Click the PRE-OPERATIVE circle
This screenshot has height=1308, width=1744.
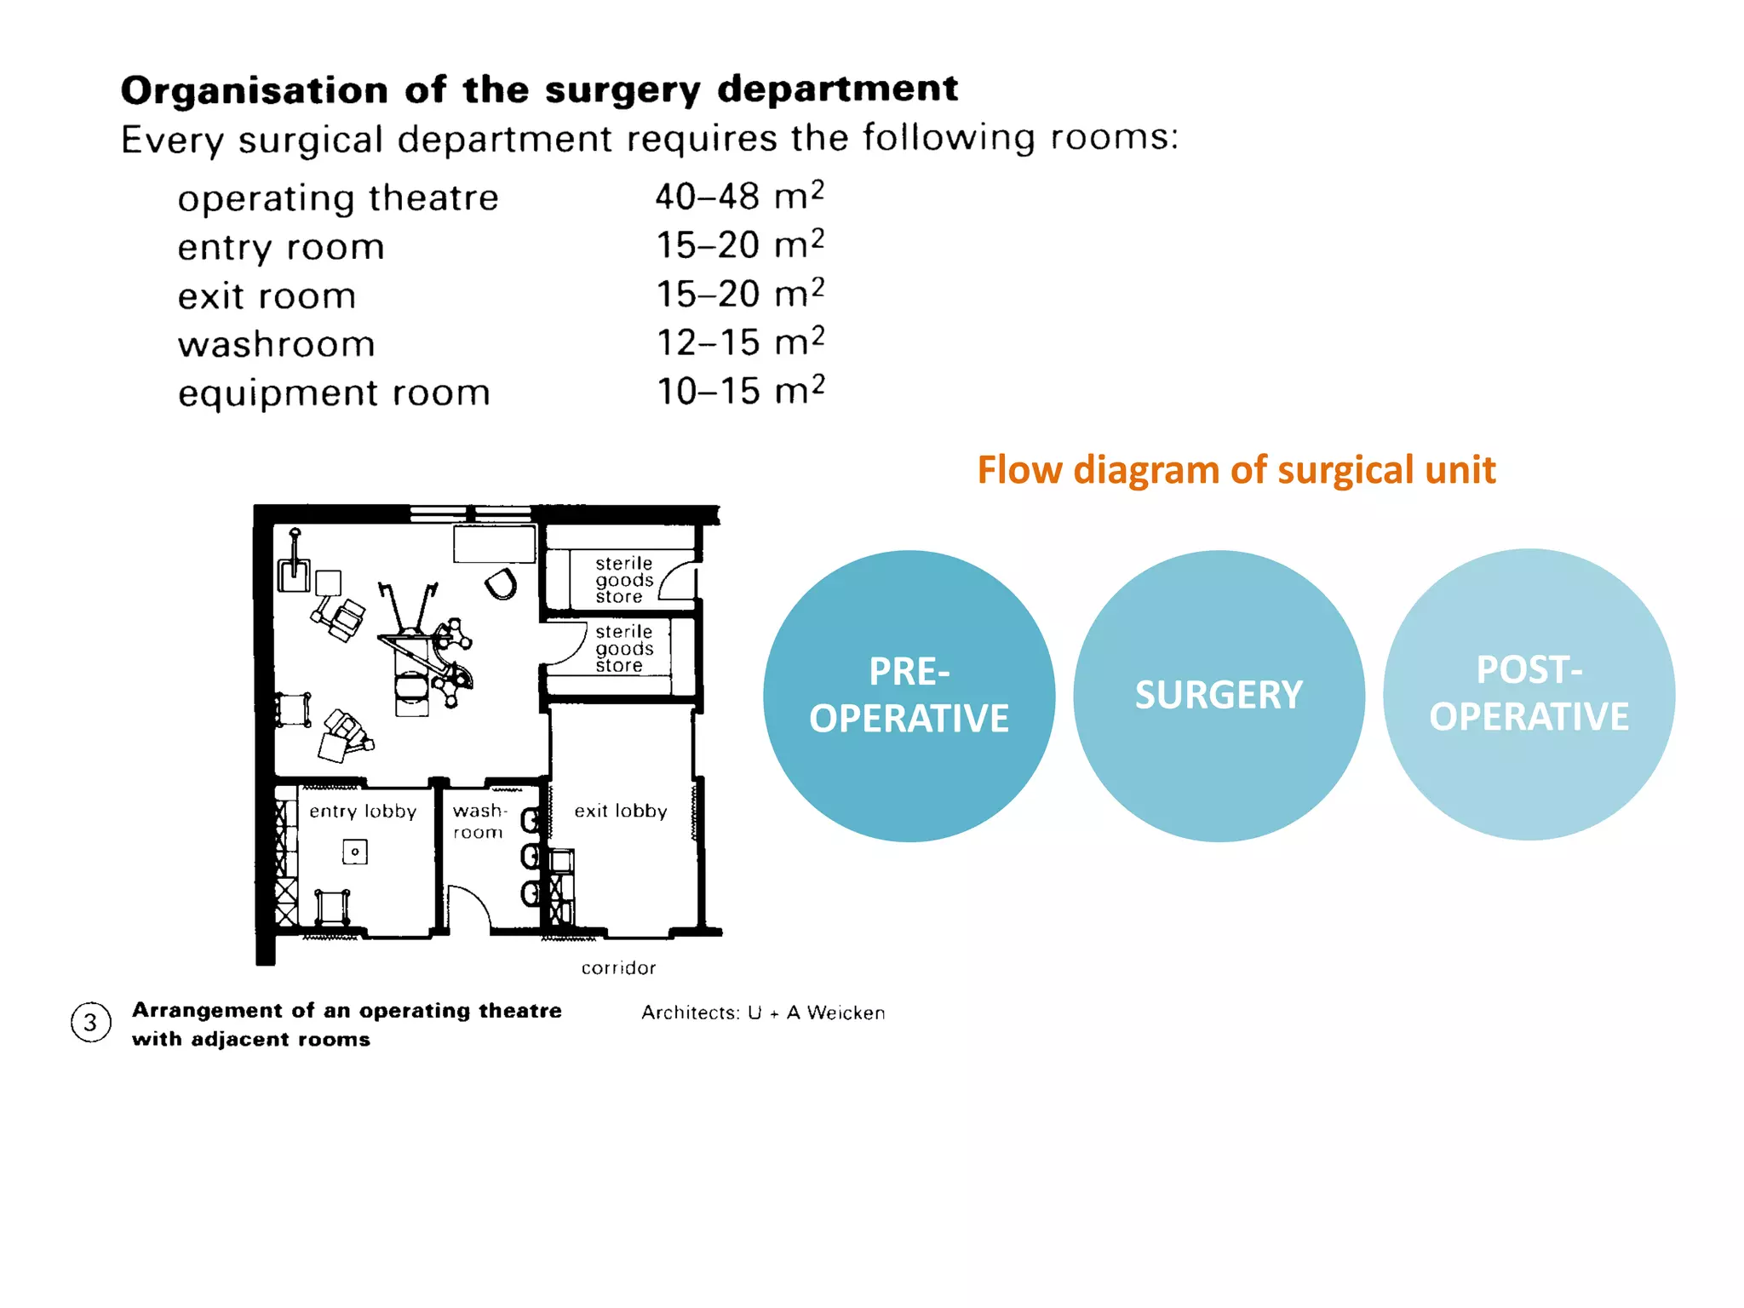click(909, 696)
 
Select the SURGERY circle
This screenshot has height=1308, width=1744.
click(1219, 696)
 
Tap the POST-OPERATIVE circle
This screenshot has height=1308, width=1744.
click(1529, 694)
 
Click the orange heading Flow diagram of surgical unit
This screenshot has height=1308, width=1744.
click(1236, 470)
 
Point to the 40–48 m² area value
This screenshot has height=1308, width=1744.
click(739, 197)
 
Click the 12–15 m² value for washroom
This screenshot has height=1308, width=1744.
click(739, 342)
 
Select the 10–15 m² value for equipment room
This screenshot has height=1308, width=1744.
click(739, 392)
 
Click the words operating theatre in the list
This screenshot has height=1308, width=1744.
click(338, 198)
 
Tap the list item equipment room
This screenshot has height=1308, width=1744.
click(334, 393)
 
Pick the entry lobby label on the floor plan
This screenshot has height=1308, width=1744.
click(363, 812)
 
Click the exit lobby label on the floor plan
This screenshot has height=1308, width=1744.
click(620, 812)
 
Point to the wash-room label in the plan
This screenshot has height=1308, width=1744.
click(479, 821)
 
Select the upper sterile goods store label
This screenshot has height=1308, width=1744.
click(623, 580)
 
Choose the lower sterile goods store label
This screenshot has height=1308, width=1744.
click(623, 648)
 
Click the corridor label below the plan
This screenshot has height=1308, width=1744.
click(618, 968)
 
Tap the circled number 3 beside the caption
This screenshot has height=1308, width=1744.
click(90, 1023)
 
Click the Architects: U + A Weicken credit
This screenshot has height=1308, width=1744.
click(763, 1013)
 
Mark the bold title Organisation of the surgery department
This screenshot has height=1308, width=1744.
click(539, 89)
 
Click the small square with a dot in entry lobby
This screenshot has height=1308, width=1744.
click(355, 852)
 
